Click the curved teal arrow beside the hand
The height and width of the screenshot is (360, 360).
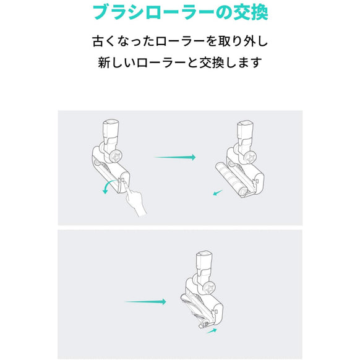[106, 187]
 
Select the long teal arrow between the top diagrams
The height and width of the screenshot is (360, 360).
[174, 157]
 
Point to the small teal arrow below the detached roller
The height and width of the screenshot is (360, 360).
[217, 192]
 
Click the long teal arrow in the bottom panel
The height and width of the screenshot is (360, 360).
[145, 302]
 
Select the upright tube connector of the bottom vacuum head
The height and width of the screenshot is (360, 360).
[204, 263]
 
